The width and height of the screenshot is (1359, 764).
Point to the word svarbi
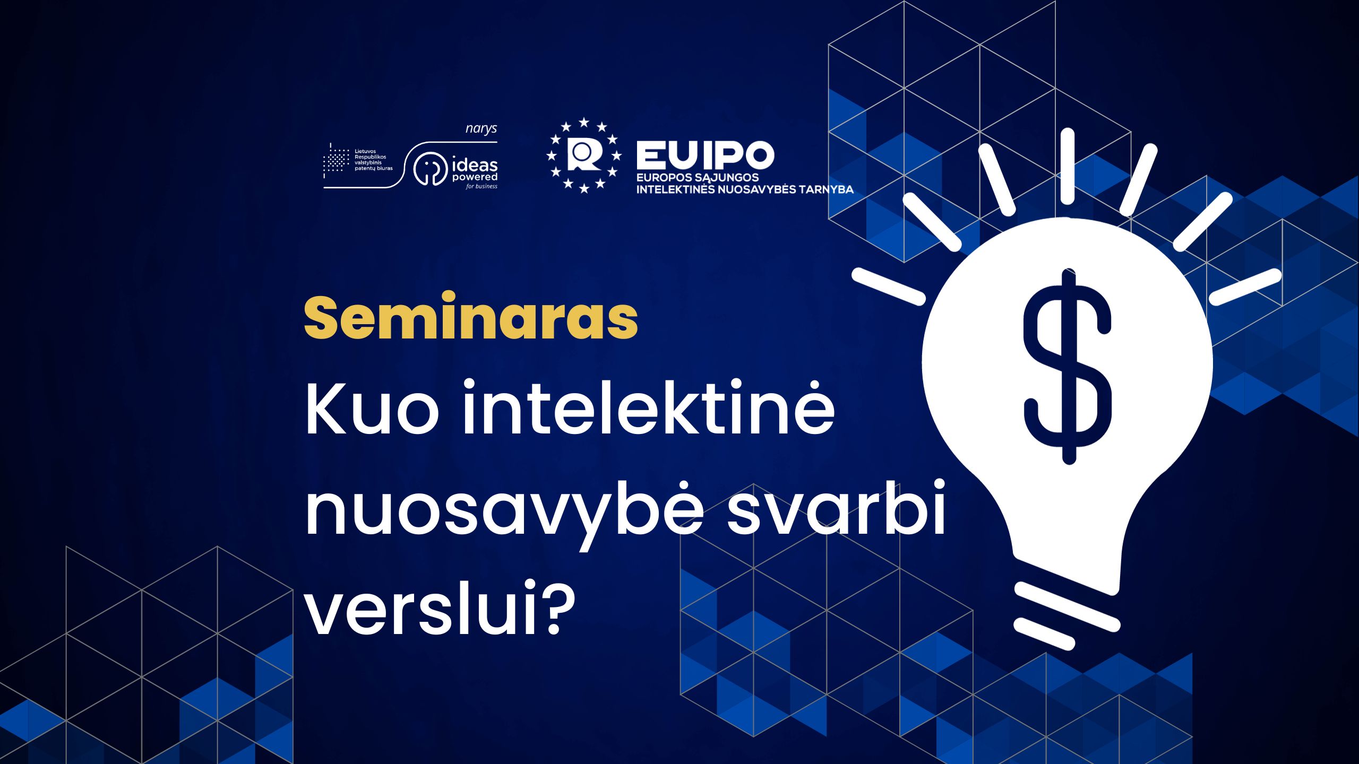coord(836,507)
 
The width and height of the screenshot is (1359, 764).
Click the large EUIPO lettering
coord(705,155)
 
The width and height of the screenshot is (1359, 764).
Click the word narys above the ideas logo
coord(481,129)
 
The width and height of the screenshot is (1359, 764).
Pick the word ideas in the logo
coord(475,165)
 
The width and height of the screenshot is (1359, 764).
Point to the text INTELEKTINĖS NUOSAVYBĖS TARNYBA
coord(745,189)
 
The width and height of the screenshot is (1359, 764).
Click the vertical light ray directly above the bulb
coord(1067,166)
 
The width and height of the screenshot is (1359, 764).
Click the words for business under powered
coord(482,186)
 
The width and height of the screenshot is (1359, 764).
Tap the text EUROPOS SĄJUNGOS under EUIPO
coord(698,178)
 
